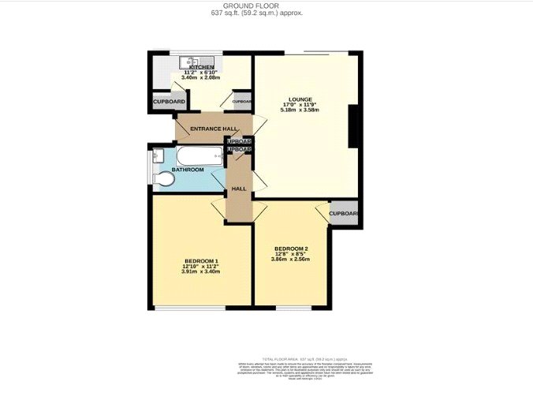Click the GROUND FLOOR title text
267,6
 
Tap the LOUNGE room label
300,99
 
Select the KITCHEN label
200,67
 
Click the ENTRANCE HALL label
214,128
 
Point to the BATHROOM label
188,170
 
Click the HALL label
239,189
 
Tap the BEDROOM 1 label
201,261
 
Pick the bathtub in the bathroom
197,155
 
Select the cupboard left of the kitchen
169,103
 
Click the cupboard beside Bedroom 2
344,214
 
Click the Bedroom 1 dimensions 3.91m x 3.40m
201,273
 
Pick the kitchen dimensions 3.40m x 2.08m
199,78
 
